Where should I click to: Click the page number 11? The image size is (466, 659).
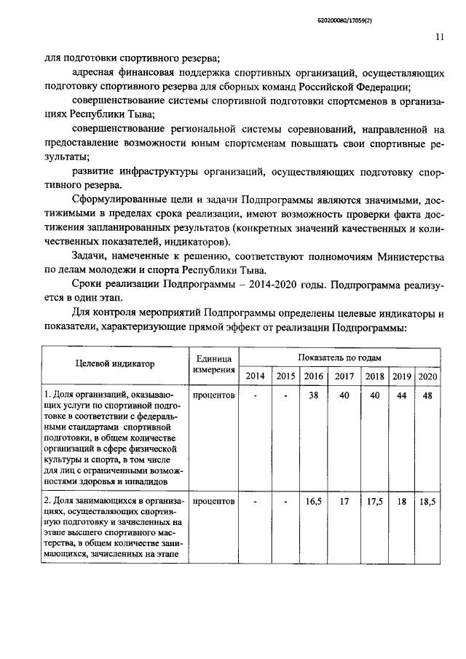(x=440, y=39)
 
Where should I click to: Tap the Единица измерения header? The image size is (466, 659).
(x=214, y=364)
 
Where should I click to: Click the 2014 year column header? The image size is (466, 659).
(x=256, y=376)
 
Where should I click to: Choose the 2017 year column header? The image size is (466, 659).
(x=344, y=376)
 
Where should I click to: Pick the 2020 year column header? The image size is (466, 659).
(x=427, y=376)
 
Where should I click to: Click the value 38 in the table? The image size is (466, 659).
(x=315, y=395)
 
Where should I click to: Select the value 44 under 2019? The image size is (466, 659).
(x=401, y=395)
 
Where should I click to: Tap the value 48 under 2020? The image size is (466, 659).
(x=427, y=395)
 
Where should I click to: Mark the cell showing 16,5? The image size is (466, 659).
(x=315, y=502)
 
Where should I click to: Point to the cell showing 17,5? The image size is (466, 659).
(x=374, y=502)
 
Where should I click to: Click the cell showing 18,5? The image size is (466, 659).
(x=427, y=502)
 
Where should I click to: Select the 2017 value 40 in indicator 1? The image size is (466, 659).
(x=344, y=395)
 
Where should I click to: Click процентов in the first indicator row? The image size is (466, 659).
(x=214, y=395)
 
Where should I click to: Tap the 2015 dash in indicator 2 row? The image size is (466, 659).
(x=286, y=502)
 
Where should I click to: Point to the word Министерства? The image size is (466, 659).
(x=406, y=256)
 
